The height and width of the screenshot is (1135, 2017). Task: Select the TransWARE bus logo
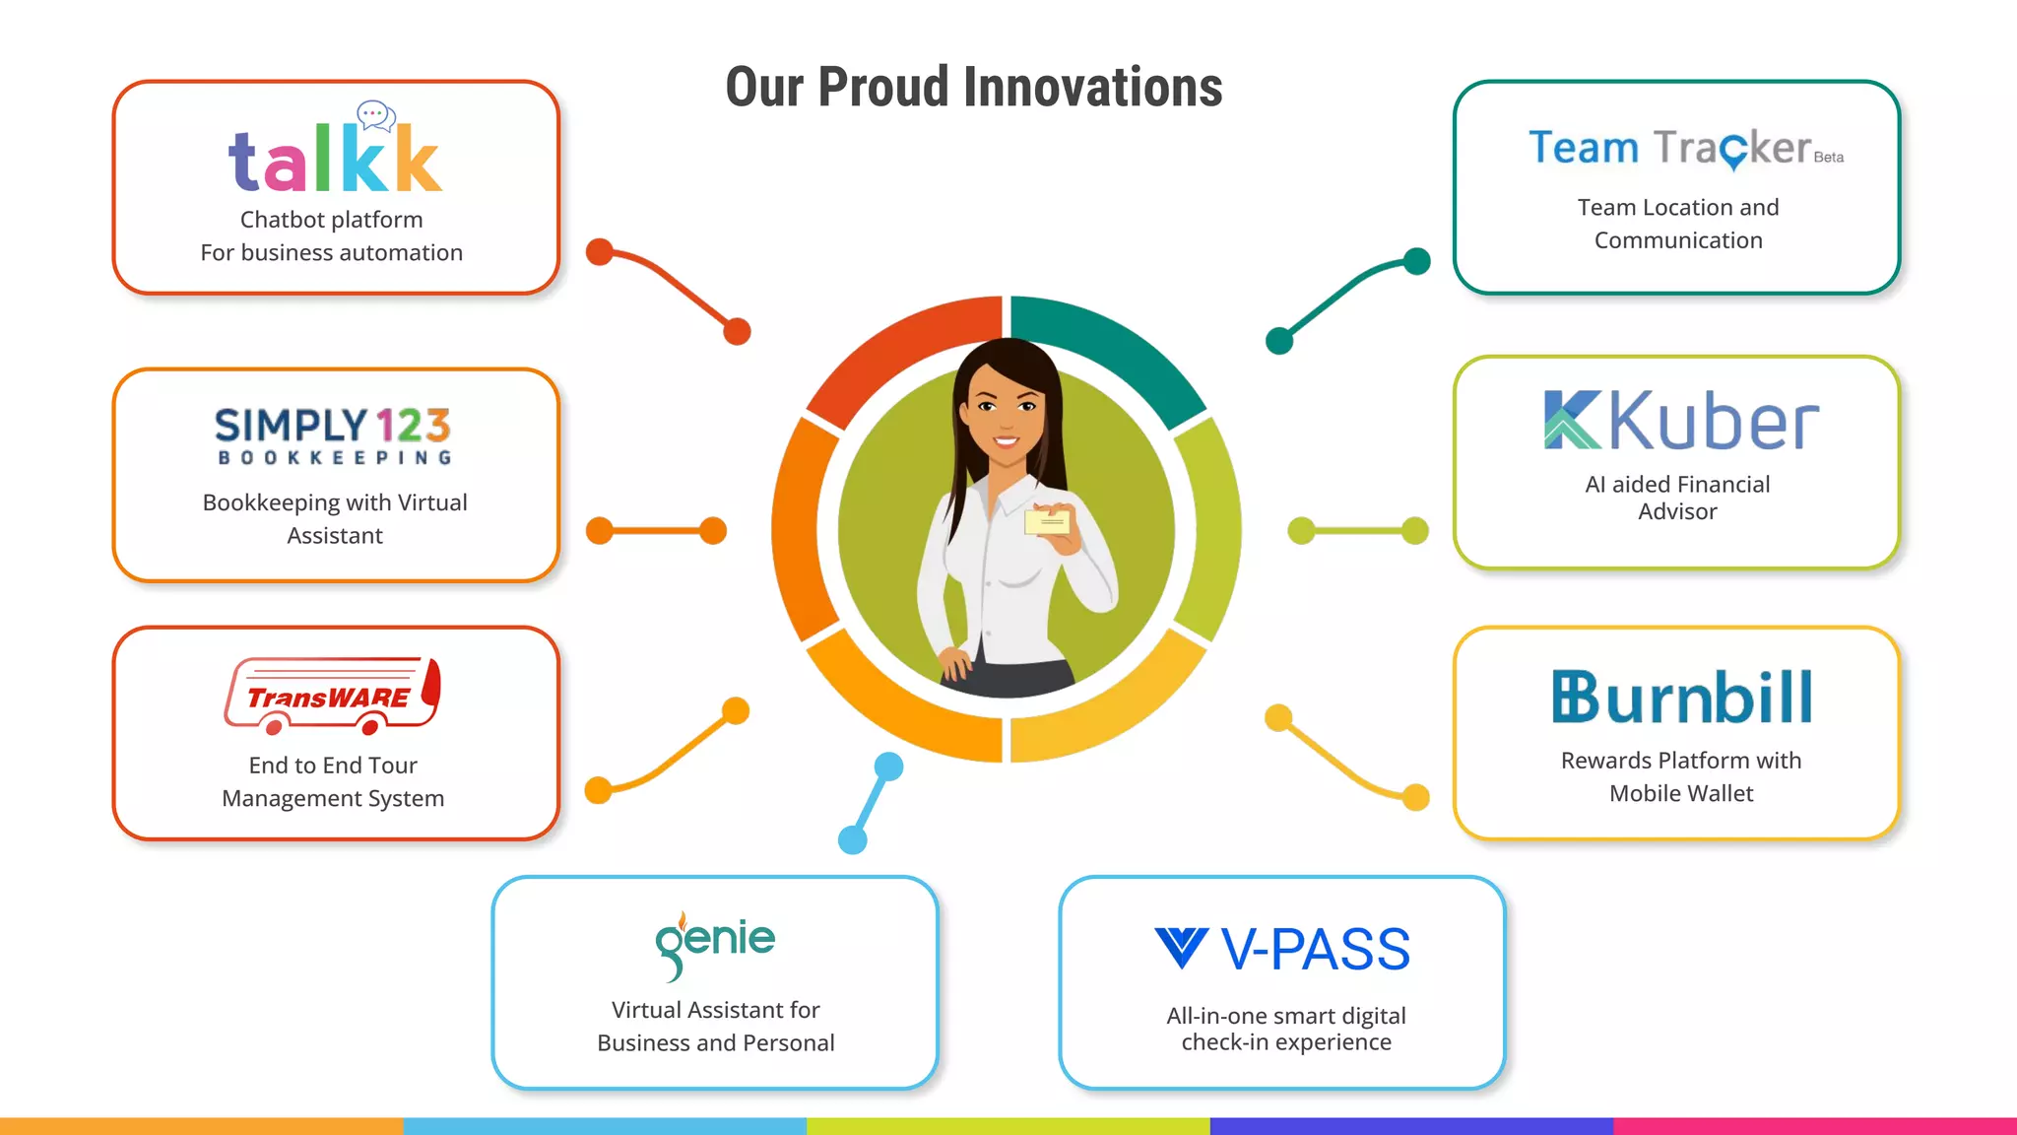tap(332, 696)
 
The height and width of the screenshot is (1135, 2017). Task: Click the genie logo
tap(715, 943)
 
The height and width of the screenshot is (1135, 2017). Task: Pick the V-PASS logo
tap(1282, 949)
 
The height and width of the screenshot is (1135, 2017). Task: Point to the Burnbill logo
tap(1681, 697)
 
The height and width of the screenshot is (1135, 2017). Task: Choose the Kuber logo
tap(1681, 421)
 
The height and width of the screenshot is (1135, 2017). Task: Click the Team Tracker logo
tap(1670, 148)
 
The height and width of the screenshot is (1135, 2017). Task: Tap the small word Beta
tap(1829, 158)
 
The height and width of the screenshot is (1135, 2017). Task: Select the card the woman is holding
tap(1047, 521)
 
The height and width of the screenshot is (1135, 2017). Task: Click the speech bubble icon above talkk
tap(376, 115)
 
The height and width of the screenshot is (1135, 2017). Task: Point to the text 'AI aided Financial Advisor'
tap(1677, 498)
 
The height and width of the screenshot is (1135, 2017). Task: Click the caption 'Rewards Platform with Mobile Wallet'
tap(1681, 776)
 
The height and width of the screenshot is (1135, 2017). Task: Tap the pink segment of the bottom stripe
tap(1814, 1125)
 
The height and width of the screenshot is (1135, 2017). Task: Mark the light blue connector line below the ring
tap(871, 803)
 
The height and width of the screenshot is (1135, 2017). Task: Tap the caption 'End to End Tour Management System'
tap(333, 781)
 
